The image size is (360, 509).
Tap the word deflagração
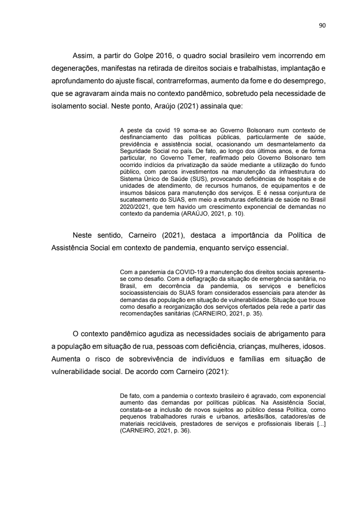click(x=190, y=279)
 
